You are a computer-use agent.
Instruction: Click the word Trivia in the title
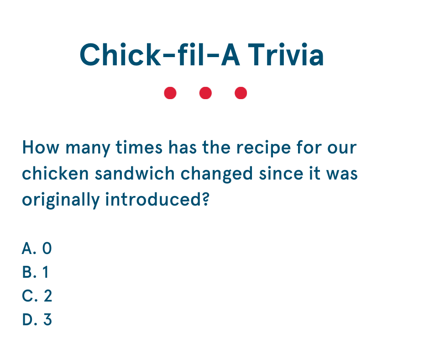[286, 55]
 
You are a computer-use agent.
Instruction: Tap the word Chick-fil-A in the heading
[160, 54]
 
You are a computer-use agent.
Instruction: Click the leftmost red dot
[170, 93]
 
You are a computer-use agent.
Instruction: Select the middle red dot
[205, 93]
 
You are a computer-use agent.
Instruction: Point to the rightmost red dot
[241, 93]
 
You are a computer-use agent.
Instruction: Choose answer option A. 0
[37, 249]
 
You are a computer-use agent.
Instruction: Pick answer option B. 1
[35, 272]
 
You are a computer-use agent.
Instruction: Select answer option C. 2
[37, 296]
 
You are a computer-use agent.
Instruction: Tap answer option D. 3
[37, 319]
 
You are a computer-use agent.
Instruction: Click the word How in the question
[41, 148]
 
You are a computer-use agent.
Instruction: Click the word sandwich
[135, 174]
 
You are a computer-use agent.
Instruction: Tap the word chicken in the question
[55, 174]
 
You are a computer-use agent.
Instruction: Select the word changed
[217, 175]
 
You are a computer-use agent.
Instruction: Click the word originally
[61, 201]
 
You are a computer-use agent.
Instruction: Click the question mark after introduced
[206, 199]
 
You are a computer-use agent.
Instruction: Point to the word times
[139, 148]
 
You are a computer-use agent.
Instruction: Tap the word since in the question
[281, 174]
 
